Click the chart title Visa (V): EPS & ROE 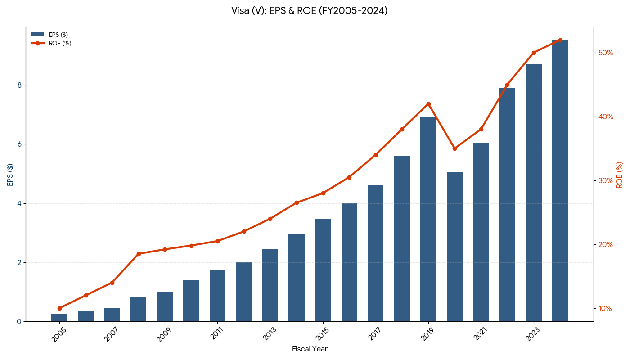pos(309,11)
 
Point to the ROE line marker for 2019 pos(428,104)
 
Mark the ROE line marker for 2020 pos(454,148)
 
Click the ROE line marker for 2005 pos(59,308)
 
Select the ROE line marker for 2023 pos(534,53)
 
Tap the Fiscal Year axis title pos(310,349)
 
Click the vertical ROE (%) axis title pos(620,175)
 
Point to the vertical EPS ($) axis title pos(10,175)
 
